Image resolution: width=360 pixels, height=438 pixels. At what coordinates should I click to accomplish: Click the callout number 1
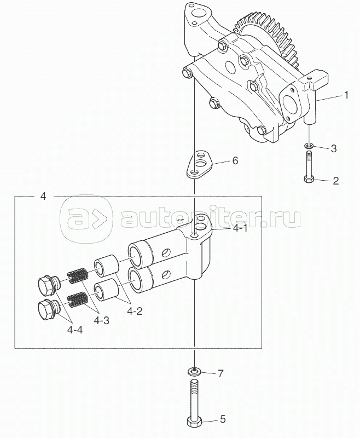(x=346, y=95)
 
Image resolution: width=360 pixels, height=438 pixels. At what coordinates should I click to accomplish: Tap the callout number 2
(x=335, y=181)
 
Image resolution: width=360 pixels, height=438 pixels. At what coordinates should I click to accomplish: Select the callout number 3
(x=334, y=148)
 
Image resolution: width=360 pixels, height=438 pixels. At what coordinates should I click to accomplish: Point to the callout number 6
(x=235, y=160)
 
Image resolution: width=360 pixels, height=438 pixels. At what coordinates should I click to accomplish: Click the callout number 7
(x=220, y=373)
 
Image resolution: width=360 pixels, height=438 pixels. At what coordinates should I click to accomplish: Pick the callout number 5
(x=223, y=419)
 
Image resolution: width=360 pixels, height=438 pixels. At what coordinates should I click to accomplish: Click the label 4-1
(x=240, y=229)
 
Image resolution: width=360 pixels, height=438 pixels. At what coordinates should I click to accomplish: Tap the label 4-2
(x=135, y=311)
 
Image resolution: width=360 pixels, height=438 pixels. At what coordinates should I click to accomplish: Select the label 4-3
(x=101, y=321)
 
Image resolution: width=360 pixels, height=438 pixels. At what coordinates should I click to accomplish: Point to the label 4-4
(x=75, y=330)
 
